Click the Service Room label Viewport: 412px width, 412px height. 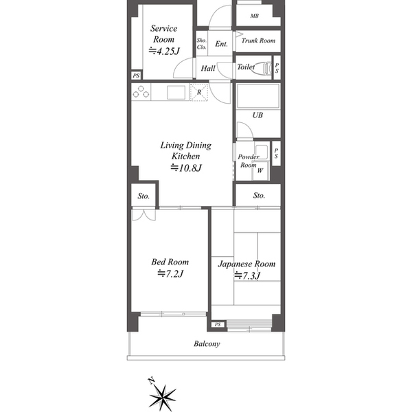click(163, 34)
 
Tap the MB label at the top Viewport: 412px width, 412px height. click(254, 16)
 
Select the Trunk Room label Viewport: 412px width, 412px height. click(258, 41)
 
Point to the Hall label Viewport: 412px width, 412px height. click(208, 68)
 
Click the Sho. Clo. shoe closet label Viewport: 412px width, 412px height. click(201, 44)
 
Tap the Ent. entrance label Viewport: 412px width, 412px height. click(221, 44)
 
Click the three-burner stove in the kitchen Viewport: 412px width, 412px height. click(141, 92)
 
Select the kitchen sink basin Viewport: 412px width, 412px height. click(176, 93)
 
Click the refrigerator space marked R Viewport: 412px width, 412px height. click(199, 92)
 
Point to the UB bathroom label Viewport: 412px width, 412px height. click(257, 115)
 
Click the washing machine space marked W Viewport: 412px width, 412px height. click(260, 170)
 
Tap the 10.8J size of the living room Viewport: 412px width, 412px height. click(186, 168)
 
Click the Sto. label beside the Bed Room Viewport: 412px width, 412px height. click(144, 196)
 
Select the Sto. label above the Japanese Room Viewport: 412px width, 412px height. click(259, 196)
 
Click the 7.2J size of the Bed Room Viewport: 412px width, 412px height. click(170, 274)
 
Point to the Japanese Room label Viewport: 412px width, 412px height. click(247, 264)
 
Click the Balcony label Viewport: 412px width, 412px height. click(207, 344)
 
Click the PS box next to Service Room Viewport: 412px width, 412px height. click(136, 76)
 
